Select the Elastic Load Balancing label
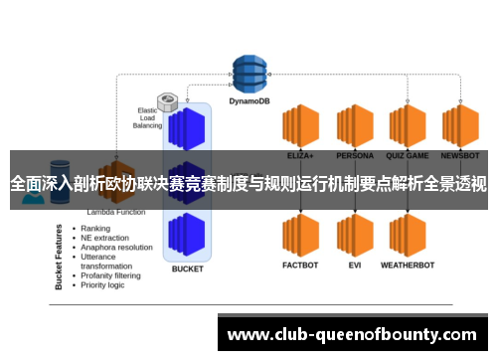pos(147,116)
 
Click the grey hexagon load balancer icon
pos(168,101)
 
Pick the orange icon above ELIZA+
pos(299,126)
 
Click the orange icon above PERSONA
pos(353,126)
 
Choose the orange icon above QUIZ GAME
pos(408,126)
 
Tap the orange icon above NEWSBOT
pos(460,126)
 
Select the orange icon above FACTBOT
pos(299,208)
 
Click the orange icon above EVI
pos(353,208)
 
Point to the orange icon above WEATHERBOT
pos(408,208)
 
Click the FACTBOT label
pos(299,238)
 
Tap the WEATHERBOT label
pos(408,238)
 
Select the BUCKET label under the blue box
pos(187,269)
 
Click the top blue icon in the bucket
pos(187,127)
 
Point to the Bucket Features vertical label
pos(61,256)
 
